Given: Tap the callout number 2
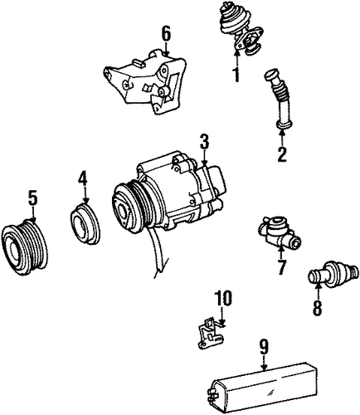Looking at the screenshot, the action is tap(282, 154).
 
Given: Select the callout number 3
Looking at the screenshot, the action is tap(204, 143).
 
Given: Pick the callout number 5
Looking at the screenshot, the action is tap(32, 198).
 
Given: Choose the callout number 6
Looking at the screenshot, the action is tap(166, 34).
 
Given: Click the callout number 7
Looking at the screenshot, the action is tap(281, 267).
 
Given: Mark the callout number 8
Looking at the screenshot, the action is tap(317, 307).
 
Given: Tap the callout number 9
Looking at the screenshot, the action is tap(264, 347).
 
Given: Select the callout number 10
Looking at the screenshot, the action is tap(223, 299).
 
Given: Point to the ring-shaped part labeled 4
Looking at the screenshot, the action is tap(85, 225).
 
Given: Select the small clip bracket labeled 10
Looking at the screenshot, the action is tap(211, 333).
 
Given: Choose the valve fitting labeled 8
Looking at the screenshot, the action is tap(333, 272).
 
